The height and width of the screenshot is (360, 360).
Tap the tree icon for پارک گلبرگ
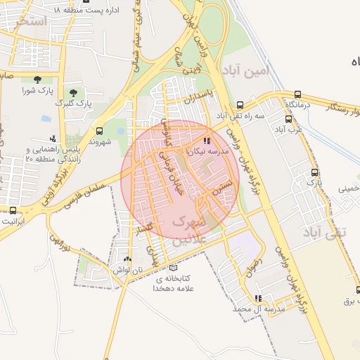click(73, 93)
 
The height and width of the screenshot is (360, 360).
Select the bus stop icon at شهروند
click(98, 131)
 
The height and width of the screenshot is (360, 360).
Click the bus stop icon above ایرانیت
click(13, 210)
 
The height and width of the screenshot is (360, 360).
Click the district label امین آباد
click(244, 70)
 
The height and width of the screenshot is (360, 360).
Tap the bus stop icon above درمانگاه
click(298, 94)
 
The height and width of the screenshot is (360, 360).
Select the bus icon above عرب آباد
click(279, 118)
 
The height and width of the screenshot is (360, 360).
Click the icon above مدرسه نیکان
click(206, 140)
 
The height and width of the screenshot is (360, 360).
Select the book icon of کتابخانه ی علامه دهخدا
click(174, 267)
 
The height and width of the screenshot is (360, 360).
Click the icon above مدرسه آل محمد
click(258, 298)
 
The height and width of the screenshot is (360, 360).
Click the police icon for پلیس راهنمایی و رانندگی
click(53, 139)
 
